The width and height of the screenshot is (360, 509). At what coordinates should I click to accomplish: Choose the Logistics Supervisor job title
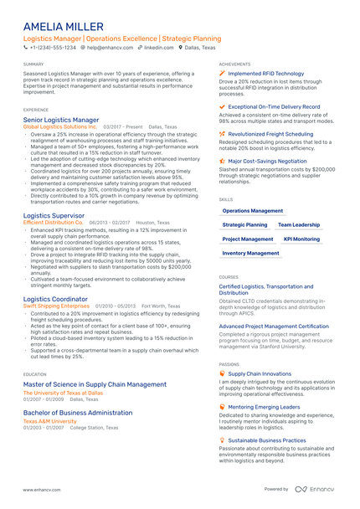pos(54,215)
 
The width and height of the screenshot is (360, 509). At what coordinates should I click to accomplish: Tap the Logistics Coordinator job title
pos(55,298)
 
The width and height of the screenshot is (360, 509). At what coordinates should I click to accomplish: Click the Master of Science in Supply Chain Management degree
pos(95,384)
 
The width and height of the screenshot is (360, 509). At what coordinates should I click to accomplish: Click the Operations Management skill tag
pos(253,211)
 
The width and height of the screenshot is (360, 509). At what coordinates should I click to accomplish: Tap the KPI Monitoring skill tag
pos(301,239)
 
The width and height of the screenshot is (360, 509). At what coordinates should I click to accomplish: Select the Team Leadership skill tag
pos(299,224)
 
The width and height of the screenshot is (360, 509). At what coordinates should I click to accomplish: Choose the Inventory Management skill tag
pos(251,252)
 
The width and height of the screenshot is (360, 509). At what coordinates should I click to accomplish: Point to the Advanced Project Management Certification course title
pos(274,326)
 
